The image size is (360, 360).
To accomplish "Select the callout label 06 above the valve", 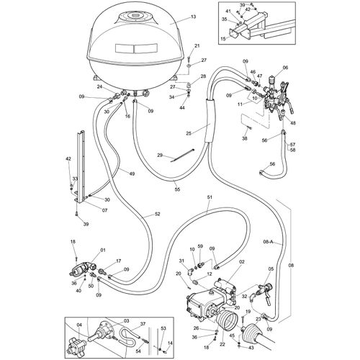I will coord(284,67).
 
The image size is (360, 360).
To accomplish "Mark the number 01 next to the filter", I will coord(103,250).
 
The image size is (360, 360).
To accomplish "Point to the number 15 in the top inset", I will coord(223,37).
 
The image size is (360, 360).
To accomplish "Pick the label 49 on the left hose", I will coord(132,174).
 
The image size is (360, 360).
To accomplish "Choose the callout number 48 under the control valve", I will coord(293,123).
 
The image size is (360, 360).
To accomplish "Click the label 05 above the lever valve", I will coord(271,269).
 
